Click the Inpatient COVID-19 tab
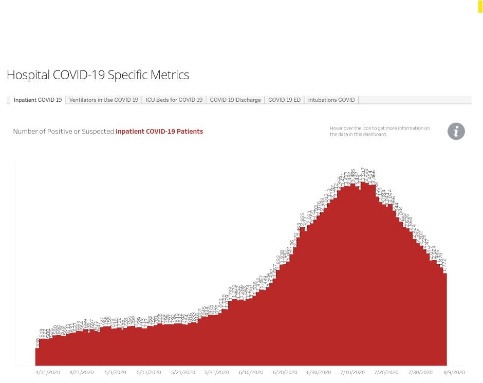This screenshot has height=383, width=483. pos(38,100)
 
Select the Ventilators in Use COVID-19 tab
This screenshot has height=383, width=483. pos(103,100)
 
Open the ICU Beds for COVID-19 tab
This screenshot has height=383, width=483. pos(174,100)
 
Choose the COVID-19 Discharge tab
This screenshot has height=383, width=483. pos(235,100)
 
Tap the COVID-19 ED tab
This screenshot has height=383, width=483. pos(284,100)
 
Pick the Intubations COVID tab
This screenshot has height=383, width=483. pos(331,100)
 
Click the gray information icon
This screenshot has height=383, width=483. pos(456,131)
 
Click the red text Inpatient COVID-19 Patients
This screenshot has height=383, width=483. pos(159,132)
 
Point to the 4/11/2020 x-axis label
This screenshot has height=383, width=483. pos(48,372)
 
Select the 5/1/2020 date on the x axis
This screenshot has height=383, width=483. pos(115,372)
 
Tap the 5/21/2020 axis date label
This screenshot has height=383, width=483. pos(183,372)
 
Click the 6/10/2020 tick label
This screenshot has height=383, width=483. pos(251,372)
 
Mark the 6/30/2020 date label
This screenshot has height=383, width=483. pos(319,372)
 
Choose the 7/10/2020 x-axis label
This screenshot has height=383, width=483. pos(352,372)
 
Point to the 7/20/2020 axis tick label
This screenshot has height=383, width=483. pos(386,372)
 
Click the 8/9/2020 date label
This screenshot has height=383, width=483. pos(454,372)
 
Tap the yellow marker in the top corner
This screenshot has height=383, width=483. pos(480,6)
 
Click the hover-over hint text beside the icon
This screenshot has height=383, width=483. pos(380,131)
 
